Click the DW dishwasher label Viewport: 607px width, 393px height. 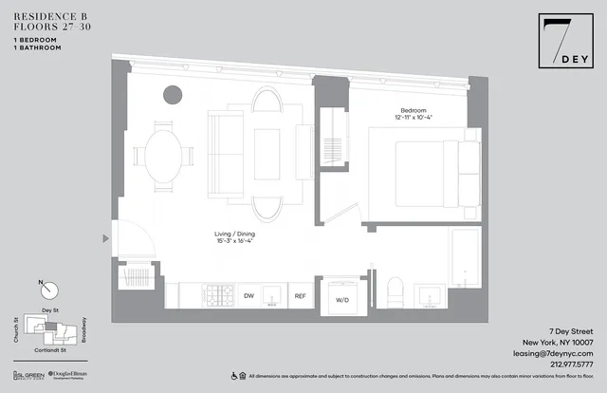[248, 297]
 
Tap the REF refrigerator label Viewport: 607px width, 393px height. [300, 297]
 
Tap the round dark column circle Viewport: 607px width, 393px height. [173, 94]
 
